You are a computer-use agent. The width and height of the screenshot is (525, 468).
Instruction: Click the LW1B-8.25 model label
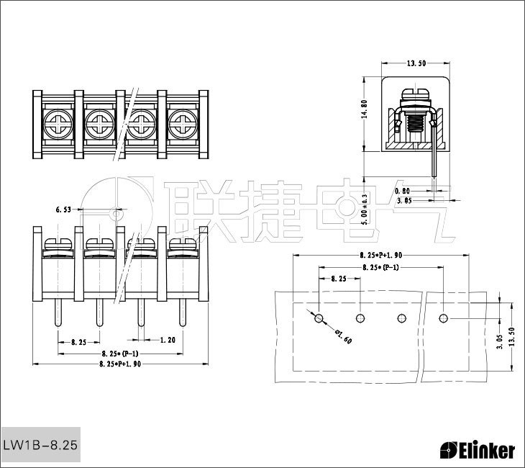40,446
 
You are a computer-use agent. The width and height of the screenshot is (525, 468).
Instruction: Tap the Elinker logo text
478,451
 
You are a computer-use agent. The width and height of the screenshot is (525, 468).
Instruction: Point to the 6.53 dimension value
64,210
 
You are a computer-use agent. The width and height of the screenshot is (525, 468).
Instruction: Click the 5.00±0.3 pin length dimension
365,209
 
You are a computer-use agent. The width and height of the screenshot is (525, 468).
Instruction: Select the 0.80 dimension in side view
403,191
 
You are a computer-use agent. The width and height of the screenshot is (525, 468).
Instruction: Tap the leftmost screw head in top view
57,124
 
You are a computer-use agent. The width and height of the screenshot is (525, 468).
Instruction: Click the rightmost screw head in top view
183,124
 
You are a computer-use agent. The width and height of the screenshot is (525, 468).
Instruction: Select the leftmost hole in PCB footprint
319,318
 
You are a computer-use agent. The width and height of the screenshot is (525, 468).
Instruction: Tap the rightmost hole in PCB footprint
444,318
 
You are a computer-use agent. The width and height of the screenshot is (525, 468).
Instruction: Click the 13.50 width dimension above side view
416,63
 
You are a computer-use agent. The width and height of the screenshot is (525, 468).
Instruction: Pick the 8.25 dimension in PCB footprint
338,278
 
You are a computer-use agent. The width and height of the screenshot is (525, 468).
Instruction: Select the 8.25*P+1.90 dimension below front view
119,364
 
